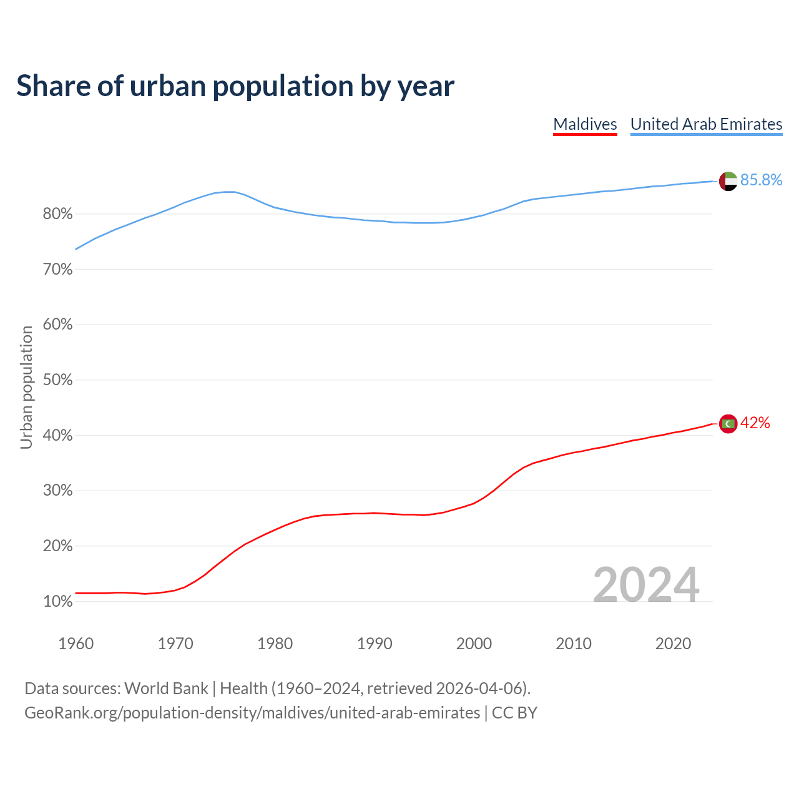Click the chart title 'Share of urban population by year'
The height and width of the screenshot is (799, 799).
coord(235,86)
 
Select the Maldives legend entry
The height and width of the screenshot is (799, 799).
coord(585,124)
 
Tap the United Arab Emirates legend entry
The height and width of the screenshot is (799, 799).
coord(706,124)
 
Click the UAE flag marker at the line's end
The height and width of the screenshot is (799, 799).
coord(728,181)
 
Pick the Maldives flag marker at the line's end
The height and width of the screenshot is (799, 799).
coord(728,424)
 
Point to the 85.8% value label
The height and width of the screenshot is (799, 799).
coord(761,180)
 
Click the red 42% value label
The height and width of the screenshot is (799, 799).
coord(755,423)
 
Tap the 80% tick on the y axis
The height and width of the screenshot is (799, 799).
coord(57,214)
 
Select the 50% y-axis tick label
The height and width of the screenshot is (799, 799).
coord(57,380)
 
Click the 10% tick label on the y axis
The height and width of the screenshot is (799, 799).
coord(57,602)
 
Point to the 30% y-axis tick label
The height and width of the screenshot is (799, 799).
coord(57,491)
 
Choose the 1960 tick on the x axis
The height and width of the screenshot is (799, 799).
coord(76,644)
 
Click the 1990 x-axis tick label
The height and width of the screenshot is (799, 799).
coord(375,644)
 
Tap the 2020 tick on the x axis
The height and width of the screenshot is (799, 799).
coord(673,644)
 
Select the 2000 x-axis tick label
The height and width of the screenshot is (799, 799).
coord(474,644)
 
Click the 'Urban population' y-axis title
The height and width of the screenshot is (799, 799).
coord(26,387)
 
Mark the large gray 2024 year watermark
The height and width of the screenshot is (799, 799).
coord(645,585)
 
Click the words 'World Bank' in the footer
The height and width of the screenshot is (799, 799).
coord(166,689)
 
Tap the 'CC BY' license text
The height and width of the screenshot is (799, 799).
coord(514,713)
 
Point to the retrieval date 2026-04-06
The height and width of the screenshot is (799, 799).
coord(479,689)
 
